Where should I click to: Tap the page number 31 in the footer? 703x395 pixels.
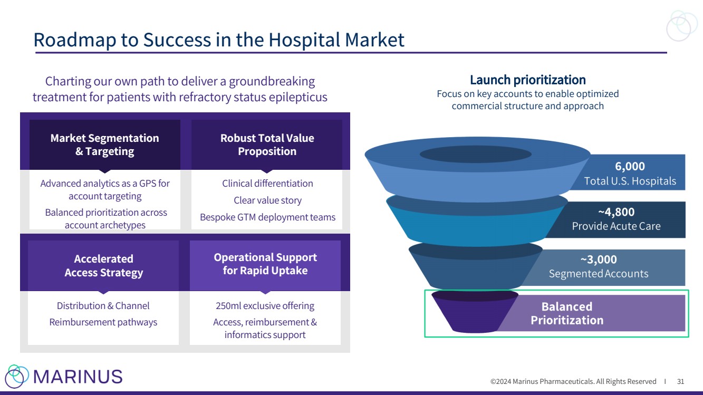[x=680, y=381]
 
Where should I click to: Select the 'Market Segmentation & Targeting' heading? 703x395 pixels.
[x=104, y=144]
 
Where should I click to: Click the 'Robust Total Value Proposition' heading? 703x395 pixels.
[x=267, y=144]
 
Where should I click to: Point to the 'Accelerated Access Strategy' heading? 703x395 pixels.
[x=103, y=266]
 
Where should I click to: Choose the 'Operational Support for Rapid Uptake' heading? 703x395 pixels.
[x=265, y=264]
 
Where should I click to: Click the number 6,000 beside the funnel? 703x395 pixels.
[x=630, y=167]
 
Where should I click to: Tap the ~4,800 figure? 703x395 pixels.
[x=616, y=213]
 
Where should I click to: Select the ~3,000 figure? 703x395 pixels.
[x=599, y=260]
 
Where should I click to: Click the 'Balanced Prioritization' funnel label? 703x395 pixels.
[x=567, y=313]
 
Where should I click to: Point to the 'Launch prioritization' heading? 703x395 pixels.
[x=527, y=80]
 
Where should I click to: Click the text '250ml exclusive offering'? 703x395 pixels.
[x=265, y=306]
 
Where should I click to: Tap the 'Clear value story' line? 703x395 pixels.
[x=267, y=200]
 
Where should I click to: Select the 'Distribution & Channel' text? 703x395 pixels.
[x=103, y=306]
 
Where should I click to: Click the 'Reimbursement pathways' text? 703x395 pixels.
[x=103, y=322]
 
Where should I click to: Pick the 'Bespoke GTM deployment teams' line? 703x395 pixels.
[x=267, y=217]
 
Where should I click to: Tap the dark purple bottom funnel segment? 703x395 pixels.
[x=474, y=314]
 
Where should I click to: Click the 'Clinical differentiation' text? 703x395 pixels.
[x=267, y=184]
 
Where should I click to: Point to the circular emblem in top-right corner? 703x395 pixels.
[x=682, y=26]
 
